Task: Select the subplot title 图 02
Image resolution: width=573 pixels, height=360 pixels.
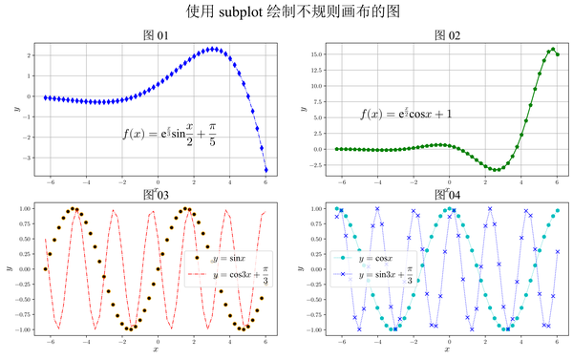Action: click(x=447, y=35)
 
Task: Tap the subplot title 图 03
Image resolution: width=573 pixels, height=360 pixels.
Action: click(x=155, y=196)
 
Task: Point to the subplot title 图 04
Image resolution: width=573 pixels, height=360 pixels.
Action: click(x=447, y=196)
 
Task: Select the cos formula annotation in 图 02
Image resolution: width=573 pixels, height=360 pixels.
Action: click(x=406, y=114)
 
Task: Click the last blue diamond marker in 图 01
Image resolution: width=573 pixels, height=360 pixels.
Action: click(x=265, y=170)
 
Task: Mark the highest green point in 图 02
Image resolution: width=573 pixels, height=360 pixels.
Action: click(x=552, y=49)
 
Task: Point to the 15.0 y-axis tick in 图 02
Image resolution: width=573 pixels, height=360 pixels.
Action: click(x=318, y=55)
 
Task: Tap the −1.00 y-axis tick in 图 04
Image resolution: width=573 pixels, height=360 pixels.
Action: click(x=317, y=329)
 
